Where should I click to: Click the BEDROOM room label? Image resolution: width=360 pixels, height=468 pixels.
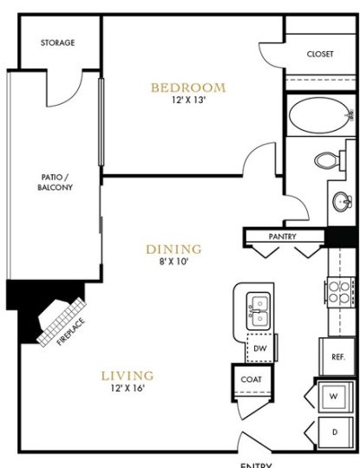(x=188, y=88)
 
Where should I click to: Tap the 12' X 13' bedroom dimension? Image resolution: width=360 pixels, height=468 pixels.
(x=188, y=101)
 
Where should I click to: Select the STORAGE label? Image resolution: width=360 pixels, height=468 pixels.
(x=57, y=42)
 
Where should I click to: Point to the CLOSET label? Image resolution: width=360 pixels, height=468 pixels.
(x=320, y=54)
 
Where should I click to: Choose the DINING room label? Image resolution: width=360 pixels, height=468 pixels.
(x=173, y=248)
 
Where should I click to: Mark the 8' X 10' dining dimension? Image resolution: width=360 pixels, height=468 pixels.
(x=173, y=261)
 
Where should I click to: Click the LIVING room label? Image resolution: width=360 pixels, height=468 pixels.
(x=128, y=375)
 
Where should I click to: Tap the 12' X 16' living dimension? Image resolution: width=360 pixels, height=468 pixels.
(x=128, y=388)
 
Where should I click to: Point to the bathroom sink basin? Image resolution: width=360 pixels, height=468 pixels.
(x=339, y=201)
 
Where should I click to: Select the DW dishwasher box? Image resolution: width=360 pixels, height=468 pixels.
(x=259, y=349)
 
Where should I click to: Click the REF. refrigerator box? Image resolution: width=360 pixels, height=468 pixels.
(x=337, y=357)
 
